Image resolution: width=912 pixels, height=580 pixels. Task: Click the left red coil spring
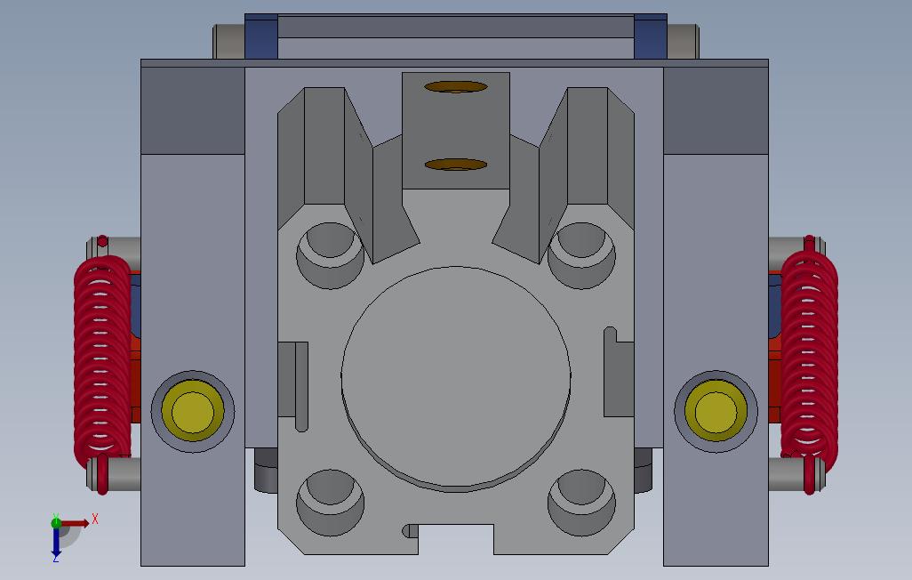[x=101, y=360]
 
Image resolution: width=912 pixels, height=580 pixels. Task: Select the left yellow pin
[x=194, y=412]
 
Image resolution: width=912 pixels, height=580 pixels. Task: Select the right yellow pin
[x=715, y=412]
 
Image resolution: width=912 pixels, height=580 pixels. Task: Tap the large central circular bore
[x=456, y=378]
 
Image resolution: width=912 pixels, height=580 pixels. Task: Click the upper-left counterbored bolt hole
[x=330, y=254]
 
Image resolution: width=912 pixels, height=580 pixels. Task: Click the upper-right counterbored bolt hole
[x=581, y=254]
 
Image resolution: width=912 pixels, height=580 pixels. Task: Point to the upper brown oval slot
[x=456, y=87]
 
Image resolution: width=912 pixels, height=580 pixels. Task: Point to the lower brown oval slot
[x=456, y=165]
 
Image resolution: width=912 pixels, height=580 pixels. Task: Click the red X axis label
[x=95, y=518]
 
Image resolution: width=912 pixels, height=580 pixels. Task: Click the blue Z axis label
[x=55, y=558]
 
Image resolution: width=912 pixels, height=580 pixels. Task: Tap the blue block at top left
[x=261, y=36]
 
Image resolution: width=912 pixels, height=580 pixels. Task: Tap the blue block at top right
[x=651, y=36]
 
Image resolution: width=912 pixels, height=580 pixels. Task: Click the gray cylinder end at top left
[x=228, y=41]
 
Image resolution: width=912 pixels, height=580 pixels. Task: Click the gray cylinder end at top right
[x=682, y=41]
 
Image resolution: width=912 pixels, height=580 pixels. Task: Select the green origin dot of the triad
[x=56, y=522]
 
